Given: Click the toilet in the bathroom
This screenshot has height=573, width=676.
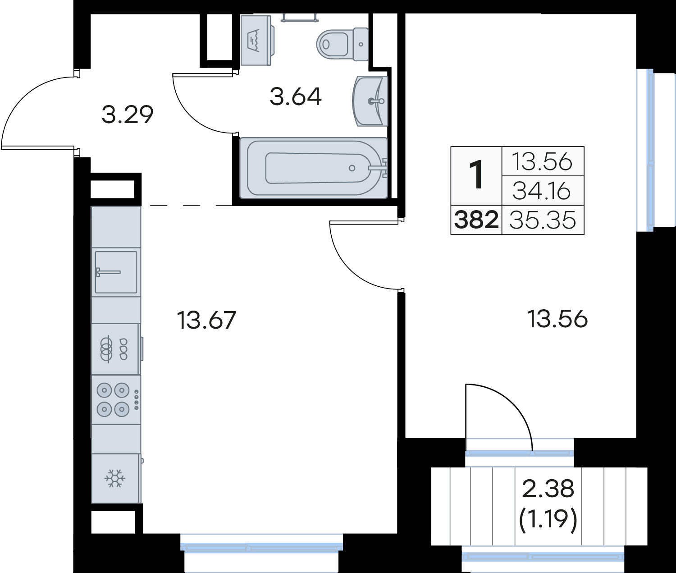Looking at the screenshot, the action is pos(343,44).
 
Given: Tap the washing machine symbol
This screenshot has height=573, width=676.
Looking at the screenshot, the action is pos(256,40).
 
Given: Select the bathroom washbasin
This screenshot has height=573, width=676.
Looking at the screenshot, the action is pos(370,101).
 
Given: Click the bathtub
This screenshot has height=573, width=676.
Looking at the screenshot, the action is pos(314,168).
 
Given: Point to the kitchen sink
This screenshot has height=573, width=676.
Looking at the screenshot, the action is pos(116,272).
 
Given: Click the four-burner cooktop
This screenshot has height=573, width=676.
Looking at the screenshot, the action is pos(116,399).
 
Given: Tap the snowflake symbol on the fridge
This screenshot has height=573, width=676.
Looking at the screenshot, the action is pos(115,478).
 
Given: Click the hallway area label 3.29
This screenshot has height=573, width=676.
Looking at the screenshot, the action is pos(128,115).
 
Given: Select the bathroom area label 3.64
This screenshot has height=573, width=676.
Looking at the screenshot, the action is pos(296,97).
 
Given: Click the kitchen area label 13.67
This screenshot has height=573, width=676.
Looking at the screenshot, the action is pos(206,321).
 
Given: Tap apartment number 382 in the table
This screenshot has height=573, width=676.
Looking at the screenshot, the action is pos(476,220).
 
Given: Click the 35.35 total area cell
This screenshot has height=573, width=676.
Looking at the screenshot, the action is pos(543,220).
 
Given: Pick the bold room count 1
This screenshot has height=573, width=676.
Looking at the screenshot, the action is pos(476,175).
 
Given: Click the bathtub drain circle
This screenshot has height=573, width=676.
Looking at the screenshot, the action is pos(352,168).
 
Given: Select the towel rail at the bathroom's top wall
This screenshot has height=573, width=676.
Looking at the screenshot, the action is pos(300,18).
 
